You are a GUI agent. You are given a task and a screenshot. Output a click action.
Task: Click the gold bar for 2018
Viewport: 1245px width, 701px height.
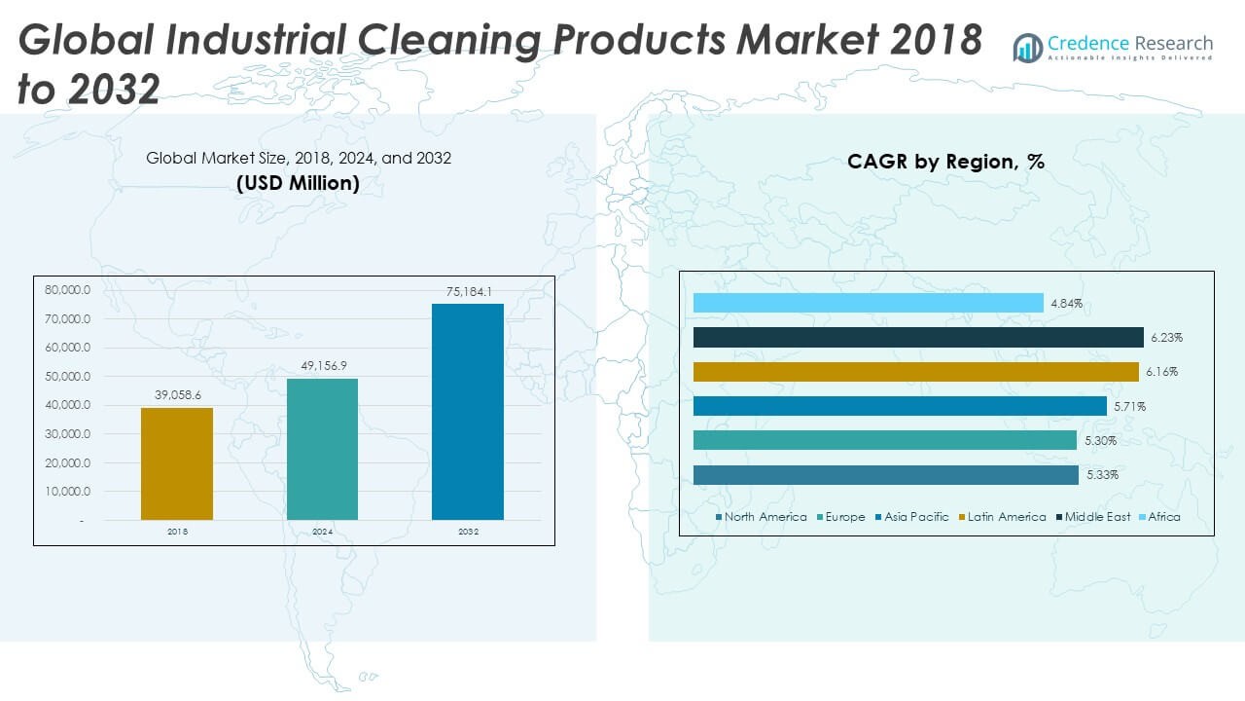tap(177, 463)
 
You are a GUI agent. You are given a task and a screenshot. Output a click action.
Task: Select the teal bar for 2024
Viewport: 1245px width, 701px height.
tap(322, 449)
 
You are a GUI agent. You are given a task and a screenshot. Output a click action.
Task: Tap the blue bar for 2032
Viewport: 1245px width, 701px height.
tap(468, 412)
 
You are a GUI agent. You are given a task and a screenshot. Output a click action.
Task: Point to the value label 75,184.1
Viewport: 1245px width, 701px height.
tap(468, 292)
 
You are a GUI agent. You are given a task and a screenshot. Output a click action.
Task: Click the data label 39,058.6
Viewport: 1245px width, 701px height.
tap(177, 395)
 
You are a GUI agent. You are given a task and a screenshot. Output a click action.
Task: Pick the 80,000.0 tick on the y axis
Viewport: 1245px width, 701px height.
tap(67, 290)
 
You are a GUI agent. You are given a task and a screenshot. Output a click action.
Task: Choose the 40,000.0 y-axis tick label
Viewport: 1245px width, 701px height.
tap(67, 405)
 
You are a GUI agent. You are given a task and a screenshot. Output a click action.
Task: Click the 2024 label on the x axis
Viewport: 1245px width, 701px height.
tap(322, 532)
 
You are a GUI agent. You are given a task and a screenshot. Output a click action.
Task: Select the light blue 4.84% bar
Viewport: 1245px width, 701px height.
tap(868, 304)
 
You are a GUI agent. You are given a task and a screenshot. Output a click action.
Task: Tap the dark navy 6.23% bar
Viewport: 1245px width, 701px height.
tap(918, 338)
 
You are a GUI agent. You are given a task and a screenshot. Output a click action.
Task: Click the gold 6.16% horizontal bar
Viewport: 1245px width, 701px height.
tap(915, 372)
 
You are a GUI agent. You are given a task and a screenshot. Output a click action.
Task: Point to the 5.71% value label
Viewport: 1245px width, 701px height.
tap(1129, 406)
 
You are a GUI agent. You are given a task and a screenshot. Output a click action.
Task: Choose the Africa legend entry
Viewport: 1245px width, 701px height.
tap(1163, 517)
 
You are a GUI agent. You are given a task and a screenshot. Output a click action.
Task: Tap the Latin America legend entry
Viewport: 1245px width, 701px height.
tap(1006, 517)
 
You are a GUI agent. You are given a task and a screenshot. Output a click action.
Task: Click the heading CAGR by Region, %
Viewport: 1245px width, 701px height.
tap(945, 162)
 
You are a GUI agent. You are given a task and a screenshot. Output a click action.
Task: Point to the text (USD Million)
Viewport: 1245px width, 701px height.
tap(299, 183)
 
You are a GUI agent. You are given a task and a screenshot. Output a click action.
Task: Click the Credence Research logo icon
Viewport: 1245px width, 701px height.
tap(1027, 47)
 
